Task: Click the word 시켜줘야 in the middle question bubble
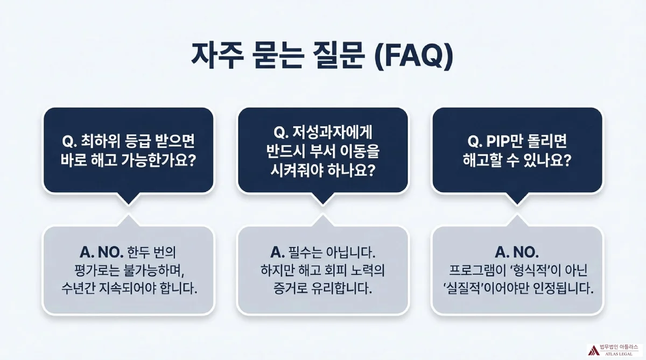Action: tap(299, 171)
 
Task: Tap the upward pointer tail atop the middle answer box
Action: tap(322, 221)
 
